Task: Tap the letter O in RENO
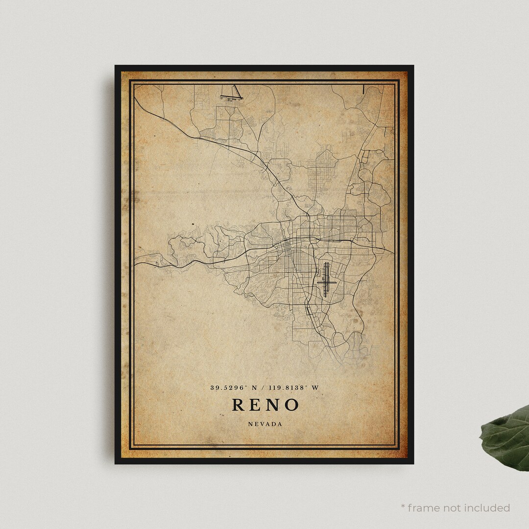290,405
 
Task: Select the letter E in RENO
256,405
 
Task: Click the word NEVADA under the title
264,424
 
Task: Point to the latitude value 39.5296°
228,387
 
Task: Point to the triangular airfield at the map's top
231,94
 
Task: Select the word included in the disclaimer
486,508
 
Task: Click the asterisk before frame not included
404,506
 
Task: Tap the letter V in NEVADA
262,424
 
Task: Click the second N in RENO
273,405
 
